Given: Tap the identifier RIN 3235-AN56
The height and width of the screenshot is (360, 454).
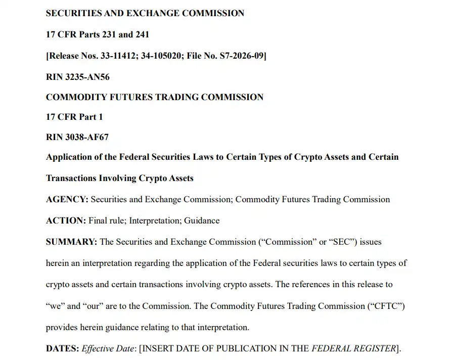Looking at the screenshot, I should (x=77, y=77).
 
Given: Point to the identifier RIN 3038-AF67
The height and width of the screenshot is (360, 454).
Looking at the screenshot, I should (x=77, y=137).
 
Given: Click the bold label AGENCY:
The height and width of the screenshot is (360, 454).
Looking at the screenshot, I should (x=67, y=199).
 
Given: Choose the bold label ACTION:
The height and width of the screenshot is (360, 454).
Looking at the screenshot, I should (x=66, y=220).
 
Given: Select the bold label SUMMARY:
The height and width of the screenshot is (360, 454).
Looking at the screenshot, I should (x=71, y=242).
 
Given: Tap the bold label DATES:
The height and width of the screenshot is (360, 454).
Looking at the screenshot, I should (x=62, y=348).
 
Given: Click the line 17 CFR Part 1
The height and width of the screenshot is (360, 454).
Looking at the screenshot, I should (x=74, y=117).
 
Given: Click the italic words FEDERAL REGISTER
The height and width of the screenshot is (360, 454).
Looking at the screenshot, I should (x=353, y=348).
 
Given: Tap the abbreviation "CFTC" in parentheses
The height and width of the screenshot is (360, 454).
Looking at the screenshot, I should (x=387, y=306).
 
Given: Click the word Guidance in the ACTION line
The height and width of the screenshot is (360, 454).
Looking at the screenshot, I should (x=202, y=220).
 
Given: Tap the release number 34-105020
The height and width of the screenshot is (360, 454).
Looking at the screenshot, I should (x=158, y=56).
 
